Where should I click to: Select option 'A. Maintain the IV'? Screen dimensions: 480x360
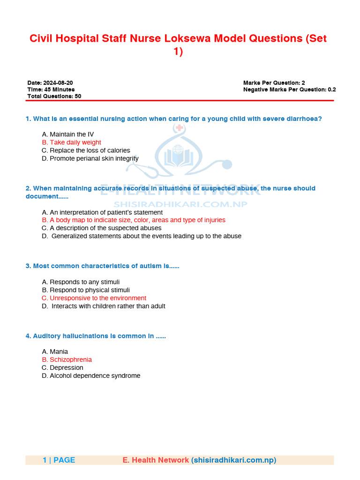click(68, 135)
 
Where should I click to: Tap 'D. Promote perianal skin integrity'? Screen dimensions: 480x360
click(90, 158)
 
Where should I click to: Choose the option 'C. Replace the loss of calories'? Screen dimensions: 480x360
click(86, 150)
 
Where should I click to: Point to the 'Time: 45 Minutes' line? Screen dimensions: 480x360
click(51, 90)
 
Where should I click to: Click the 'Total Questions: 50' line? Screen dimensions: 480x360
click(54, 96)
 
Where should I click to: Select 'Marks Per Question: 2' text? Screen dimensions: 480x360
click(274, 83)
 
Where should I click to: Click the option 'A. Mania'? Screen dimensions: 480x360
click(55, 352)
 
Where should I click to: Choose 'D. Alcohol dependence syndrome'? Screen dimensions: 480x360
click(91, 375)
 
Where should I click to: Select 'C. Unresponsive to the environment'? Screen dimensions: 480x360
click(94, 298)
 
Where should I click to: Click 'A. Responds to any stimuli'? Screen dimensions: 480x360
click(81, 282)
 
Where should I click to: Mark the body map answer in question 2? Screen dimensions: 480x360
click(134, 220)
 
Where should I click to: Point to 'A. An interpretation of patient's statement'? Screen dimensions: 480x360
click(102, 212)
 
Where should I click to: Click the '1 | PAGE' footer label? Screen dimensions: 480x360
click(59, 460)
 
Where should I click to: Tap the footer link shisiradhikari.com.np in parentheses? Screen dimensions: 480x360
click(233, 460)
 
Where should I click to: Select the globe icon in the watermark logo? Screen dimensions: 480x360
click(178, 150)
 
